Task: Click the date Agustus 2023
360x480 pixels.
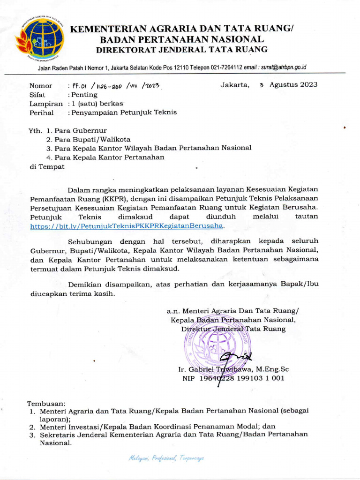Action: click(x=293, y=85)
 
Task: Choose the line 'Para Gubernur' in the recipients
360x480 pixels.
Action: click(x=81, y=130)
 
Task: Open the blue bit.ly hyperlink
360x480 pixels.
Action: click(x=127, y=225)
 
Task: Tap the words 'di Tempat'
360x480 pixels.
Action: click(x=47, y=166)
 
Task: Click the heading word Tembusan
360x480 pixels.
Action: click(x=46, y=403)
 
